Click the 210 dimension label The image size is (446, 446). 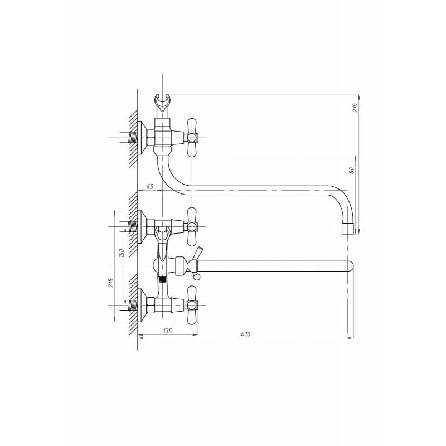pos(355,108)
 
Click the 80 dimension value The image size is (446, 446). pos(352,171)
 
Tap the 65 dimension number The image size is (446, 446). pos(149,186)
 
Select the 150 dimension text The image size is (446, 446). pos(122,253)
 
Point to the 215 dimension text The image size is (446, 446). pos(111,283)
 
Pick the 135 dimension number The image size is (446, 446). pos(167,331)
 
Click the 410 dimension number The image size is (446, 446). pos(245,334)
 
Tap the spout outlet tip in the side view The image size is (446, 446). pos(347,229)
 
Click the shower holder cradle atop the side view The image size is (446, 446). pos(162,103)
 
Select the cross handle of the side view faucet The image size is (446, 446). pos(192,138)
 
